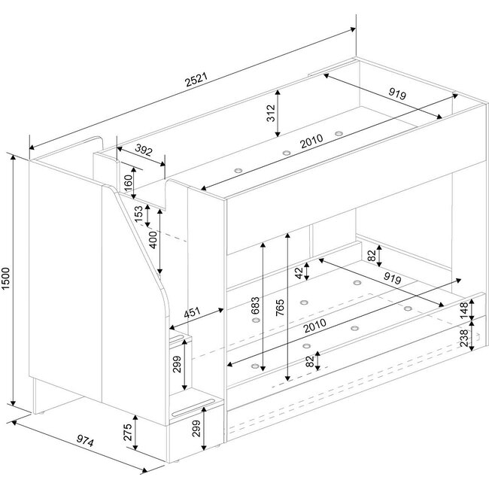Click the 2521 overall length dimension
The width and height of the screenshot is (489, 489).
coord(196,80)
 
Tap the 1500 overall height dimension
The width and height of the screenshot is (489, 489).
coord(6,278)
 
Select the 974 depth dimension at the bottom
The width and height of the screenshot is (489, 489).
coord(85,441)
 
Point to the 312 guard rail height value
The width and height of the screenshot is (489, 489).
coord(271,113)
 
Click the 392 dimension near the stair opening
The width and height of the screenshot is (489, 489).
coord(144,150)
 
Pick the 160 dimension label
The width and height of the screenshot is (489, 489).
coord(128,184)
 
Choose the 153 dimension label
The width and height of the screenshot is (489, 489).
coord(138,214)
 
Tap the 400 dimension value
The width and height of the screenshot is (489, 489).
coord(153,240)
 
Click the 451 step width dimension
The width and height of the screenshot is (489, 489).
coord(192,313)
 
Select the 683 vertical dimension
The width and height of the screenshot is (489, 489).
coord(255,306)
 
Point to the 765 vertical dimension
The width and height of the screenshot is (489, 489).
coord(280,308)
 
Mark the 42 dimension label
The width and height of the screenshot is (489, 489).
coord(299,273)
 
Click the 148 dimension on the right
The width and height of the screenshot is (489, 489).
coord(464,310)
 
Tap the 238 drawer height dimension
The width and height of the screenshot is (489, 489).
coord(464,338)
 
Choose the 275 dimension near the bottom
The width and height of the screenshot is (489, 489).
coord(128,432)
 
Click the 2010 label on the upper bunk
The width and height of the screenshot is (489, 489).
coord(311,141)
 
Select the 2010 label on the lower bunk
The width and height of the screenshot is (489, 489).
coord(315,325)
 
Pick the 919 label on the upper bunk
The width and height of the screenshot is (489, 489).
coord(397,93)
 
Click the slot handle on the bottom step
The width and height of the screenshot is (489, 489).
coord(193,407)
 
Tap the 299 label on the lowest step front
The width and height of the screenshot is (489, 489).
coord(196,429)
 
